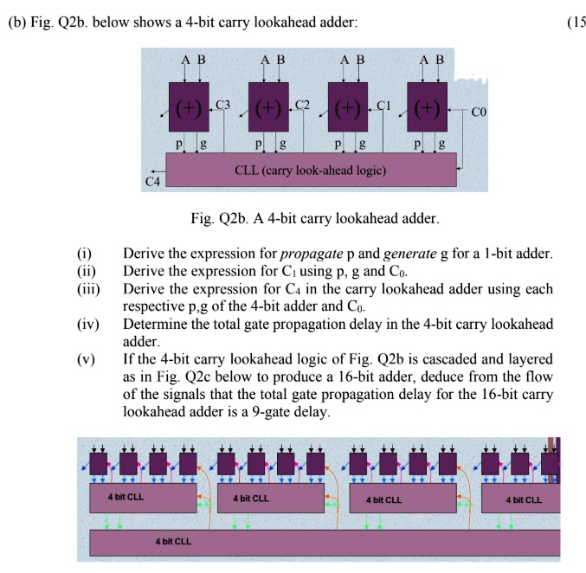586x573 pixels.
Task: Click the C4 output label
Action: click(152, 182)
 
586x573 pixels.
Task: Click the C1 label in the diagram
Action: click(383, 105)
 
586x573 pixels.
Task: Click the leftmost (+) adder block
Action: click(190, 108)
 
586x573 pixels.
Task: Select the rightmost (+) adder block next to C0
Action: click(428, 108)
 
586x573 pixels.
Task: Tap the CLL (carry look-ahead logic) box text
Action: click(311, 170)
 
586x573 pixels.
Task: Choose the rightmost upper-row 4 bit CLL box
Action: click(525, 499)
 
